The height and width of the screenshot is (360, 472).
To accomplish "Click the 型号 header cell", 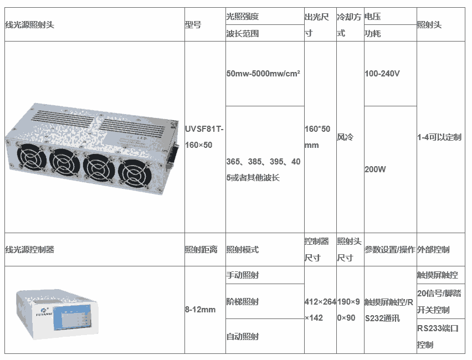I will coord(193,24).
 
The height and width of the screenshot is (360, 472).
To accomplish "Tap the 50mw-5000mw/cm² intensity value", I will coord(263,73).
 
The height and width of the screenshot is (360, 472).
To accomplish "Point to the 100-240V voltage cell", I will coord(382,73).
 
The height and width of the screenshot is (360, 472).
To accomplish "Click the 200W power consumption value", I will coord(375,169).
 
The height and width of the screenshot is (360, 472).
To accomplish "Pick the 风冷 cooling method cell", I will coord(346,137).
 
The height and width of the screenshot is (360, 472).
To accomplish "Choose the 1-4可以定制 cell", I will coord(439,137).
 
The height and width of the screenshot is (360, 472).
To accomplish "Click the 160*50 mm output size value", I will coord(317,137).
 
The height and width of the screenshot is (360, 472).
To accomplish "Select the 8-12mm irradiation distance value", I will coord(200,309).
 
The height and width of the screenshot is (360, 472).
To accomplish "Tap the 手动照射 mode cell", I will coord(243,275).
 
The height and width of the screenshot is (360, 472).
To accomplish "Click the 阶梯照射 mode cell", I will coord(243,302).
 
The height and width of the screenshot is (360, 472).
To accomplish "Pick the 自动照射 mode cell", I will coord(243,336).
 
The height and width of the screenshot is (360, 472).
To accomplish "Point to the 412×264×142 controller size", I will coord(320,310).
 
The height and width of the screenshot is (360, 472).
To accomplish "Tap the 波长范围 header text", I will coord(243,33).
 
